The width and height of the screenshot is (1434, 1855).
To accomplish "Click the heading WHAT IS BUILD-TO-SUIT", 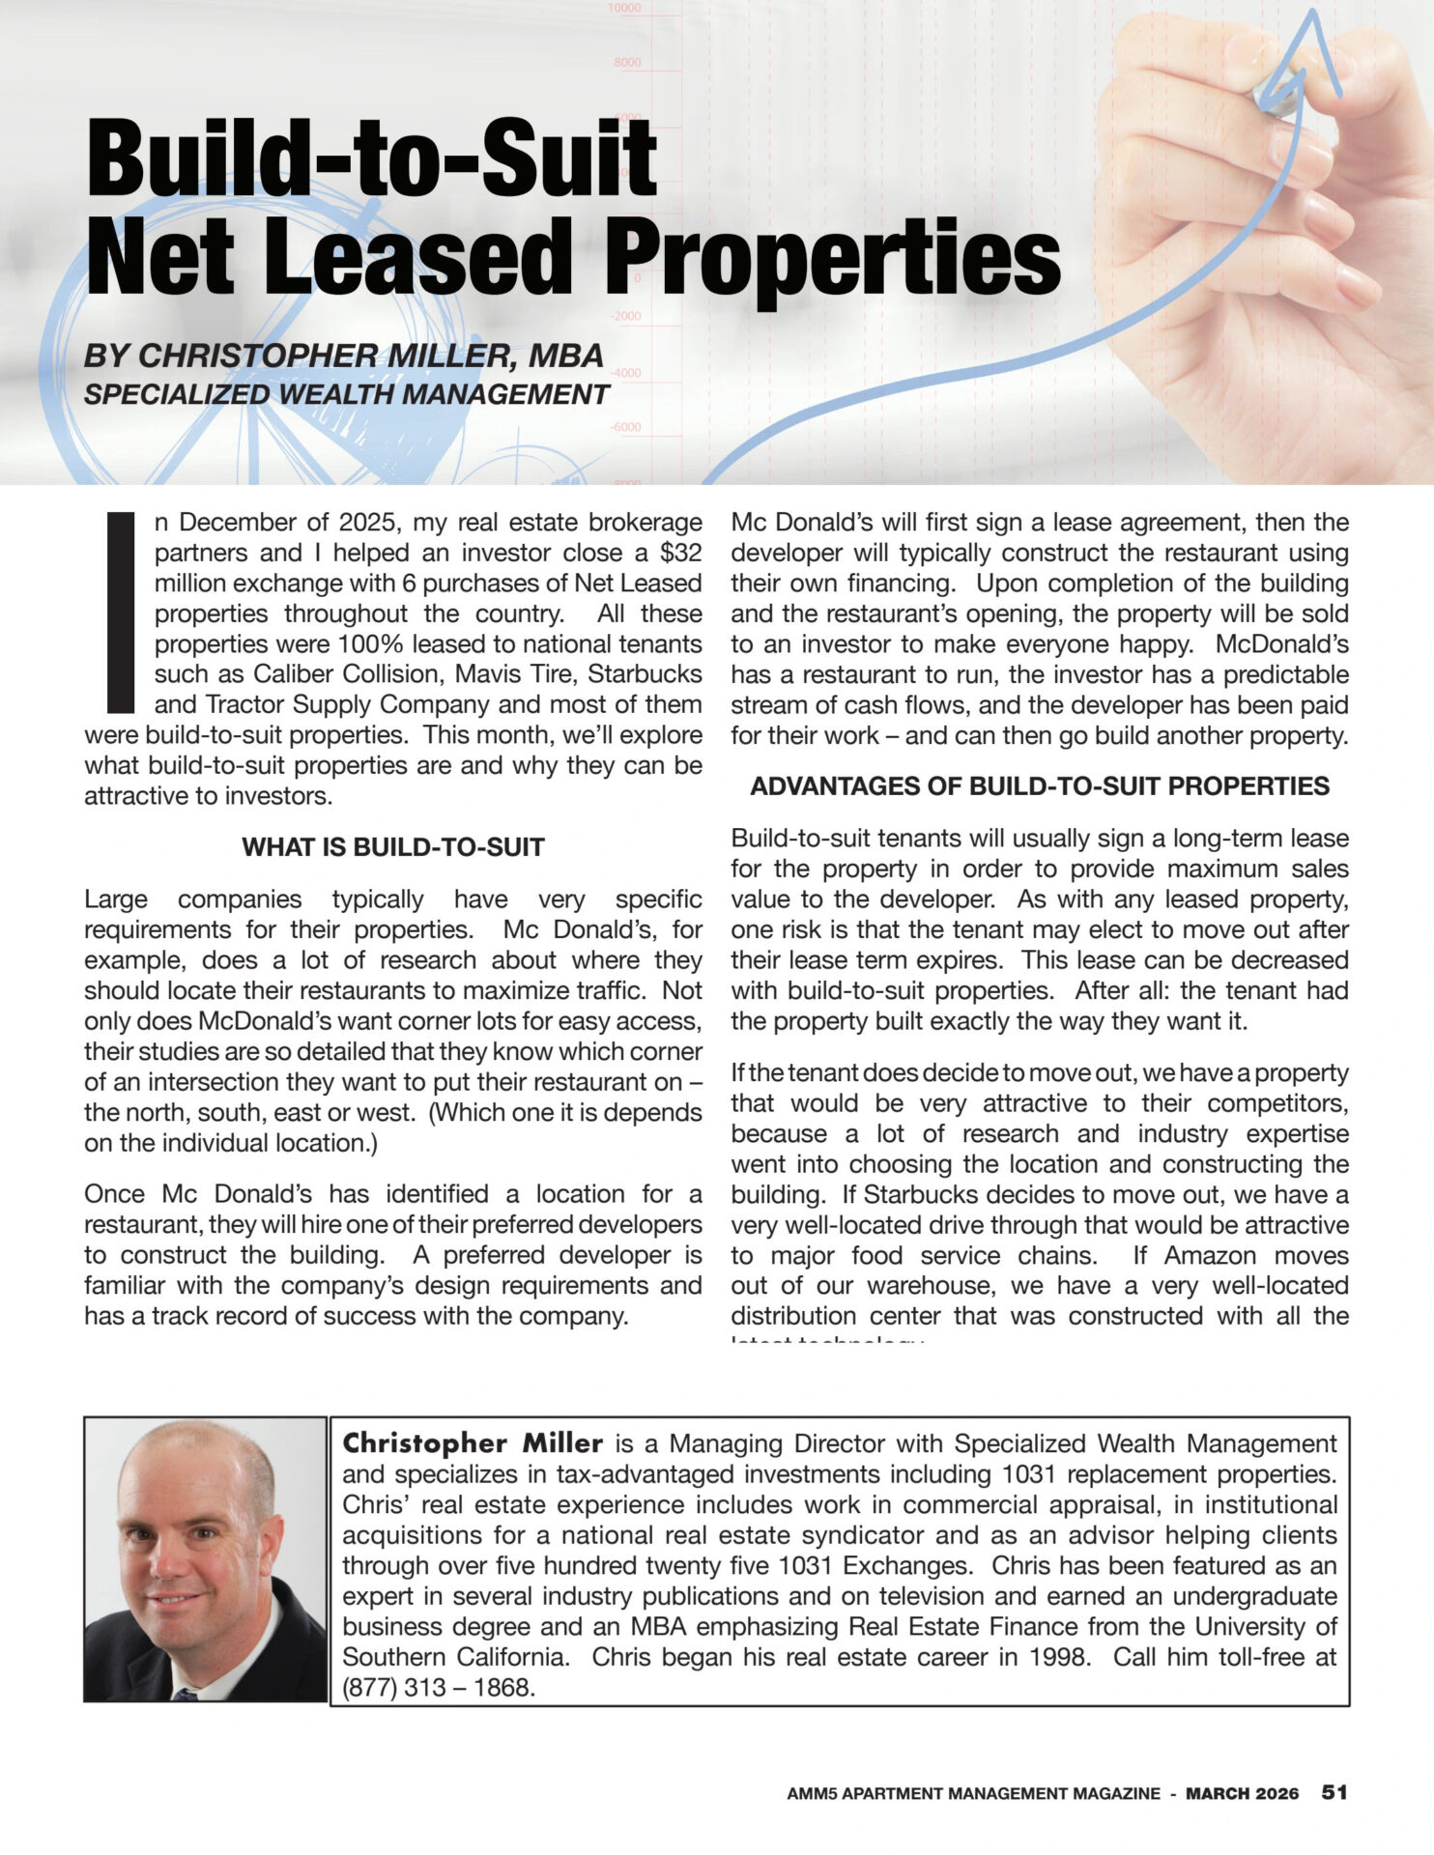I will [x=393, y=847].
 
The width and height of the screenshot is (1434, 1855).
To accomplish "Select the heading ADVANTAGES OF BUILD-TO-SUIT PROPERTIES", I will [x=1040, y=786].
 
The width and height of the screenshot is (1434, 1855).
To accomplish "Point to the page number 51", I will [x=1334, y=1792].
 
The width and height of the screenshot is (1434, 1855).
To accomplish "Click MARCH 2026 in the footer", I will [x=1243, y=1793].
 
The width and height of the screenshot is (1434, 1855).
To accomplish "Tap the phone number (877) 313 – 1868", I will [x=439, y=1688].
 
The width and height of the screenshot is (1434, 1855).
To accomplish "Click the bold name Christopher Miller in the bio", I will [x=473, y=1443].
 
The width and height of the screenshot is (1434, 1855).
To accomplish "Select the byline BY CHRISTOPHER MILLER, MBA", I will [x=344, y=356].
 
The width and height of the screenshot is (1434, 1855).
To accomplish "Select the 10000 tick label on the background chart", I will [x=624, y=9].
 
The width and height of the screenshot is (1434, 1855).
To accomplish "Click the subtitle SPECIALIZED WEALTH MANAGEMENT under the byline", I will [x=347, y=394].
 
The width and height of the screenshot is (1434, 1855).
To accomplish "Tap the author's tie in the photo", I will [x=186, y=1694].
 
